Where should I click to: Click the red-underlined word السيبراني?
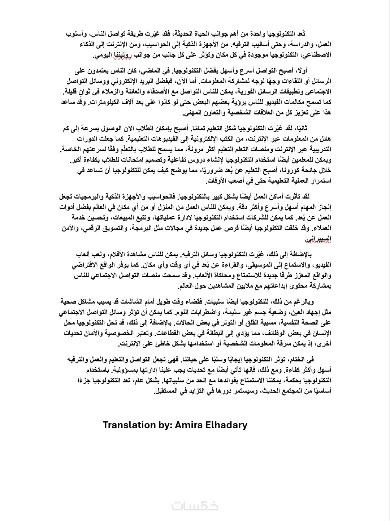coord(318,238)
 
